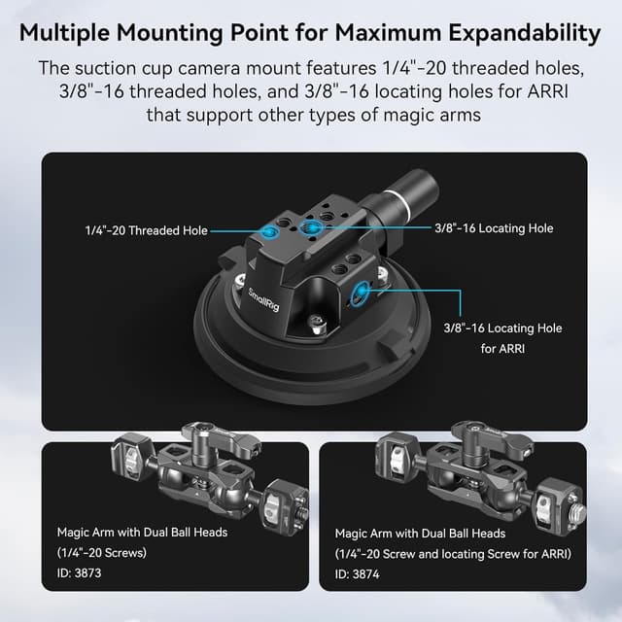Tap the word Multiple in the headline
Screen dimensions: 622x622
point(70,33)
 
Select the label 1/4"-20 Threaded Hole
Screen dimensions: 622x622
point(145,231)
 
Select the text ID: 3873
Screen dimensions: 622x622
point(79,572)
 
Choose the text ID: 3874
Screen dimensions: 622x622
point(359,573)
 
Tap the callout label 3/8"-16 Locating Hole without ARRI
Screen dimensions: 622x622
point(493,227)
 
